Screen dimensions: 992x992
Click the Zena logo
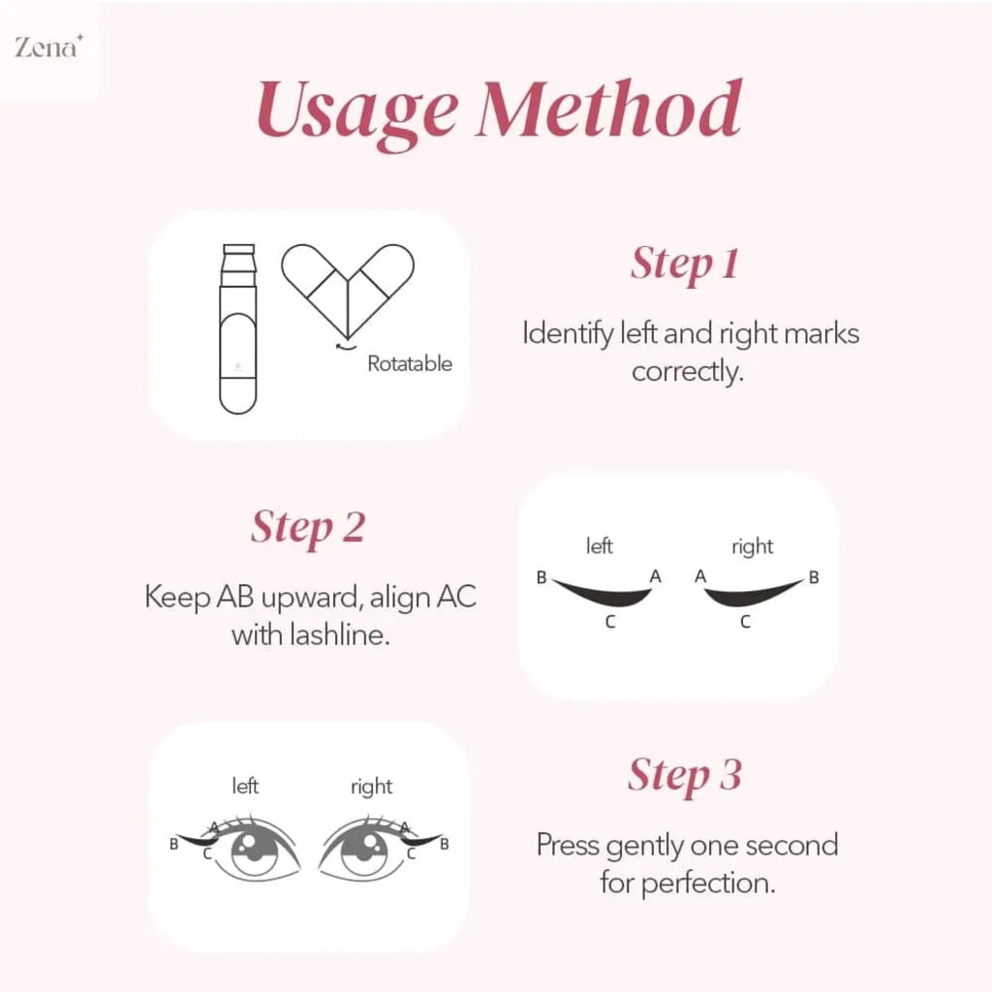(x=46, y=47)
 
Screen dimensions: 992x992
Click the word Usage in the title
(x=356, y=109)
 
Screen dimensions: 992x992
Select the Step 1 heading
(x=685, y=263)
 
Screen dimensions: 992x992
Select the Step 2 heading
(x=308, y=527)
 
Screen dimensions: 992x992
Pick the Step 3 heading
(x=685, y=775)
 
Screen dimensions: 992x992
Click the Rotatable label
(x=409, y=364)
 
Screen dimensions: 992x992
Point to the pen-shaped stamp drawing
(x=238, y=329)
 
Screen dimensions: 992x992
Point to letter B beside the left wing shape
(x=542, y=578)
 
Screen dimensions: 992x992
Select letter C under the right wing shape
(x=745, y=623)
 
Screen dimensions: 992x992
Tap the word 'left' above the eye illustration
(x=245, y=786)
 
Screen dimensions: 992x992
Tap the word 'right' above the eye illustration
(x=372, y=787)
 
